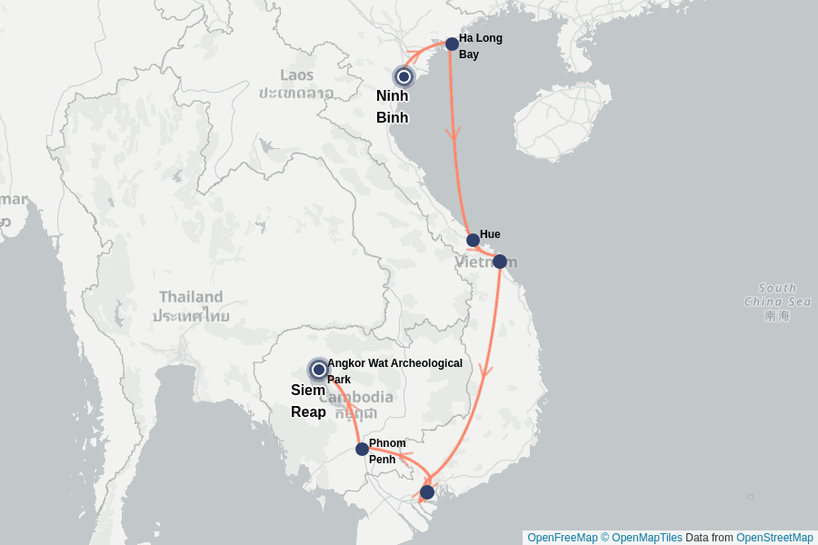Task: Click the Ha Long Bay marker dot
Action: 452,44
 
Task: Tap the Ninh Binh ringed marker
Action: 404,77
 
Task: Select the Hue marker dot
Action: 473,241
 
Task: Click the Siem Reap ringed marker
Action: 318,369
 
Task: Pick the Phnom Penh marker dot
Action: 362,449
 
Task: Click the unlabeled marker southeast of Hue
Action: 499,262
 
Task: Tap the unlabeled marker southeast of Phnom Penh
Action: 427,492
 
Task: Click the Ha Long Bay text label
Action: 480,46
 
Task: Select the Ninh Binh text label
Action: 392,106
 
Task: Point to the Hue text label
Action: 490,234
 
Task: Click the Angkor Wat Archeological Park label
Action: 394,371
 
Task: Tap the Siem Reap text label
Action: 308,401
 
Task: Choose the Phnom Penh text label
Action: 387,451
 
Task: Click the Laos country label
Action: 296,74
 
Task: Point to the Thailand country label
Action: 191,297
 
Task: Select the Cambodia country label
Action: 356,397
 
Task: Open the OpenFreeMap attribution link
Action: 562,538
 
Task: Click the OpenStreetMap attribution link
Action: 774,538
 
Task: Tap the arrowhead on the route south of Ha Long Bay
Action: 453,133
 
